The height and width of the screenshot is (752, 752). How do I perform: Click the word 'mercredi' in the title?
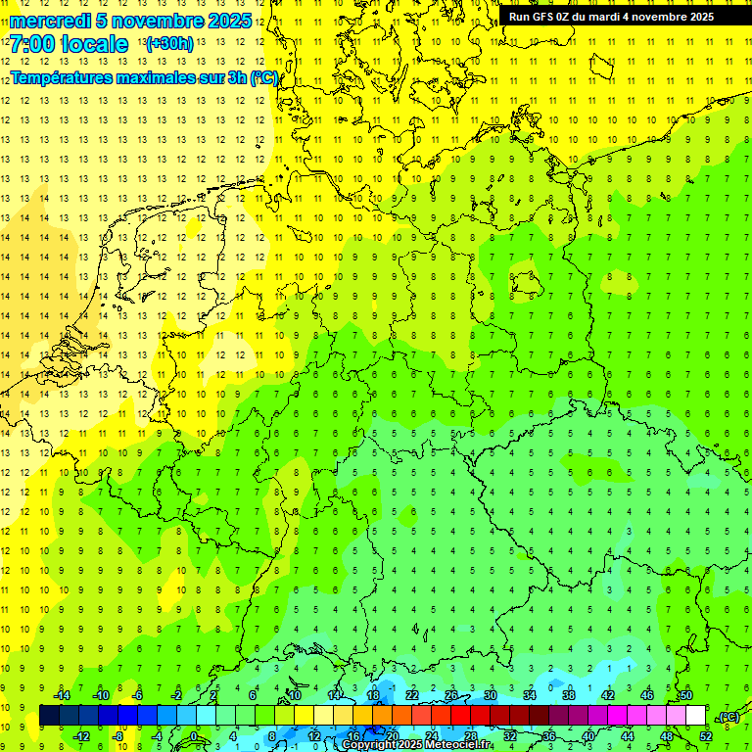click(x=51, y=21)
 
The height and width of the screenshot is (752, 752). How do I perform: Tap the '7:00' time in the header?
click(x=32, y=44)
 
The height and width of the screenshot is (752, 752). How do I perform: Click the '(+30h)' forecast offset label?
click(x=169, y=44)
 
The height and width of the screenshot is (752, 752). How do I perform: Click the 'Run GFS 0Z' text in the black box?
click(x=544, y=17)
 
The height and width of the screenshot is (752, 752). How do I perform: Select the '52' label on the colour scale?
click(x=706, y=736)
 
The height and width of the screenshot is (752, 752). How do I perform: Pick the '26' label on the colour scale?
click(x=451, y=695)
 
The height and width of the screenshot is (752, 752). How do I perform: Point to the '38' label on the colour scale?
click(x=568, y=695)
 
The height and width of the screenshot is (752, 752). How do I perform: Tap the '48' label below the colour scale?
click(x=666, y=736)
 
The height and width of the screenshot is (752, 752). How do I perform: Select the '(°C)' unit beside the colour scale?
click(x=728, y=717)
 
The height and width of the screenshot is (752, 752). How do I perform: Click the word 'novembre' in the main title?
click(x=157, y=21)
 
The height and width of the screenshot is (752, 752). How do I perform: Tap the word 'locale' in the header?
click(x=96, y=44)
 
